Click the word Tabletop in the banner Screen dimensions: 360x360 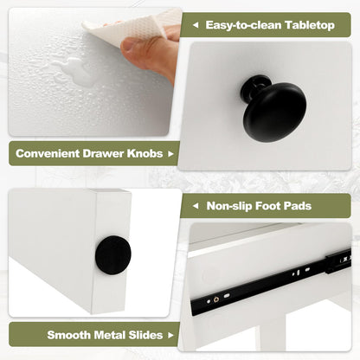(x=310, y=25)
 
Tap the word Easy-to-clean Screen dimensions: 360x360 (x=243, y=25)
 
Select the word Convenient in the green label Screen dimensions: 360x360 (x=48, y=153)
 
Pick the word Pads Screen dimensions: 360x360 (x=298, y=206)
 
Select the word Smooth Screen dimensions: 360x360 (x=68, y=335)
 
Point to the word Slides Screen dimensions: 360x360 (x=145, y=335)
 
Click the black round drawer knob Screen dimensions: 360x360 (x=273, y=108)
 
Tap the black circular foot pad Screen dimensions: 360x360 (x=113, y=255)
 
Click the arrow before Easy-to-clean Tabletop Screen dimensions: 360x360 (x=196, y=25)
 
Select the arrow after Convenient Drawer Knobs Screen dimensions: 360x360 (x=170, y=154)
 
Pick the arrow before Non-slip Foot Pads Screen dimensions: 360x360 (x=196, y=206)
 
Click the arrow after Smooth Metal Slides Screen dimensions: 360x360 (x=170, y=335)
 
